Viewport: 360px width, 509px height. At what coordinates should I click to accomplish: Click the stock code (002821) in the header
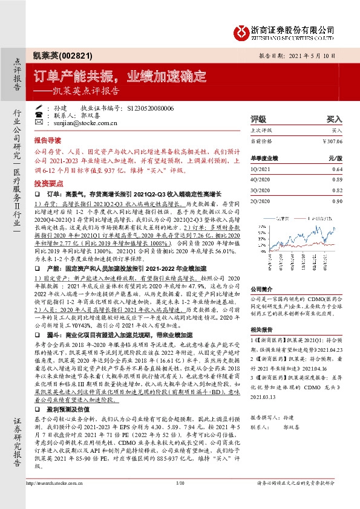pos(76,55)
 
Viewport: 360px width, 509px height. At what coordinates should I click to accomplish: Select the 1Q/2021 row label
pos(261,169)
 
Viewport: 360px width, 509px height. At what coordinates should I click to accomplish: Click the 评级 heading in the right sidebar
pos(258,120)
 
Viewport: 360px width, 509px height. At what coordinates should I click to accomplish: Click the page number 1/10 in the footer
pos(180,499)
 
